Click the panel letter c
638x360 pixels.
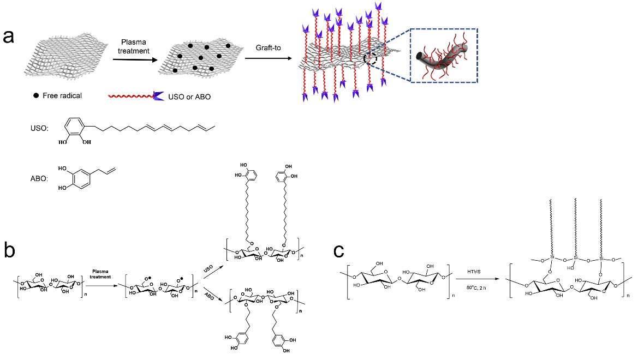tap(339, 251)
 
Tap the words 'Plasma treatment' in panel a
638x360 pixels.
tap(135, 46)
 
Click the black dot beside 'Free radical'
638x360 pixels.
tap(36, 96)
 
